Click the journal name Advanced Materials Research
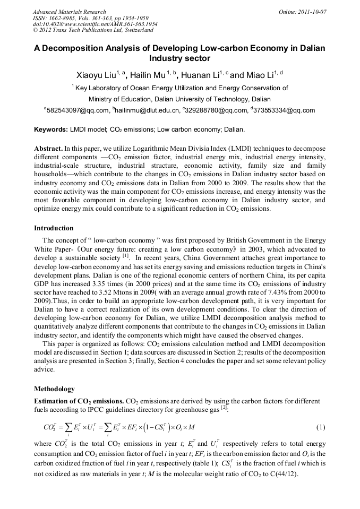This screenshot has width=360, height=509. point(69,12)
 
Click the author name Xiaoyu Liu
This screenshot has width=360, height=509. point(99,75)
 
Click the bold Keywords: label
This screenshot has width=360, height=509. point(51,130)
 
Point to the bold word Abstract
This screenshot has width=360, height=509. point(48,149)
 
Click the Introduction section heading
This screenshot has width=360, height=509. point(54,228)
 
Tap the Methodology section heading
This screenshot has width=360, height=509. point(54,389)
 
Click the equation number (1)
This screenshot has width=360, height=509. point(320,428)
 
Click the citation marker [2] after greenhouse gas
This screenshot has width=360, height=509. point(224,407)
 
